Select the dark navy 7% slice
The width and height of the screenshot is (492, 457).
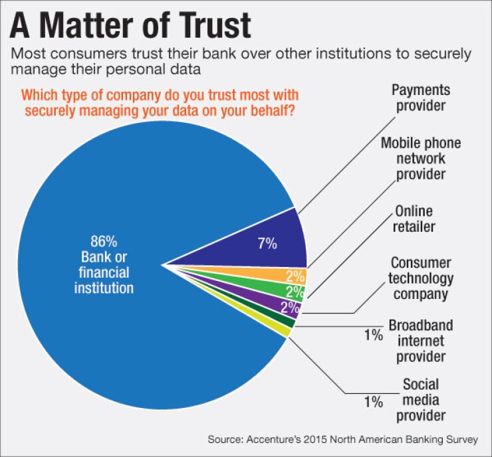(266, 242)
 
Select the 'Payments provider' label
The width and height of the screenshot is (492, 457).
(421, 98)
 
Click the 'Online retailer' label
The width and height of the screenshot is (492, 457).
(414, 219)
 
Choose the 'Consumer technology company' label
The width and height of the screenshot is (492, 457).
(422, 278)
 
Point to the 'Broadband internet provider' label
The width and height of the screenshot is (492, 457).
(421, 341)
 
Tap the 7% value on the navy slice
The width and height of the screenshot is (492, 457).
(267, 243)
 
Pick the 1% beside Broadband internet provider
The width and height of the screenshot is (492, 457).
(374, 335)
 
